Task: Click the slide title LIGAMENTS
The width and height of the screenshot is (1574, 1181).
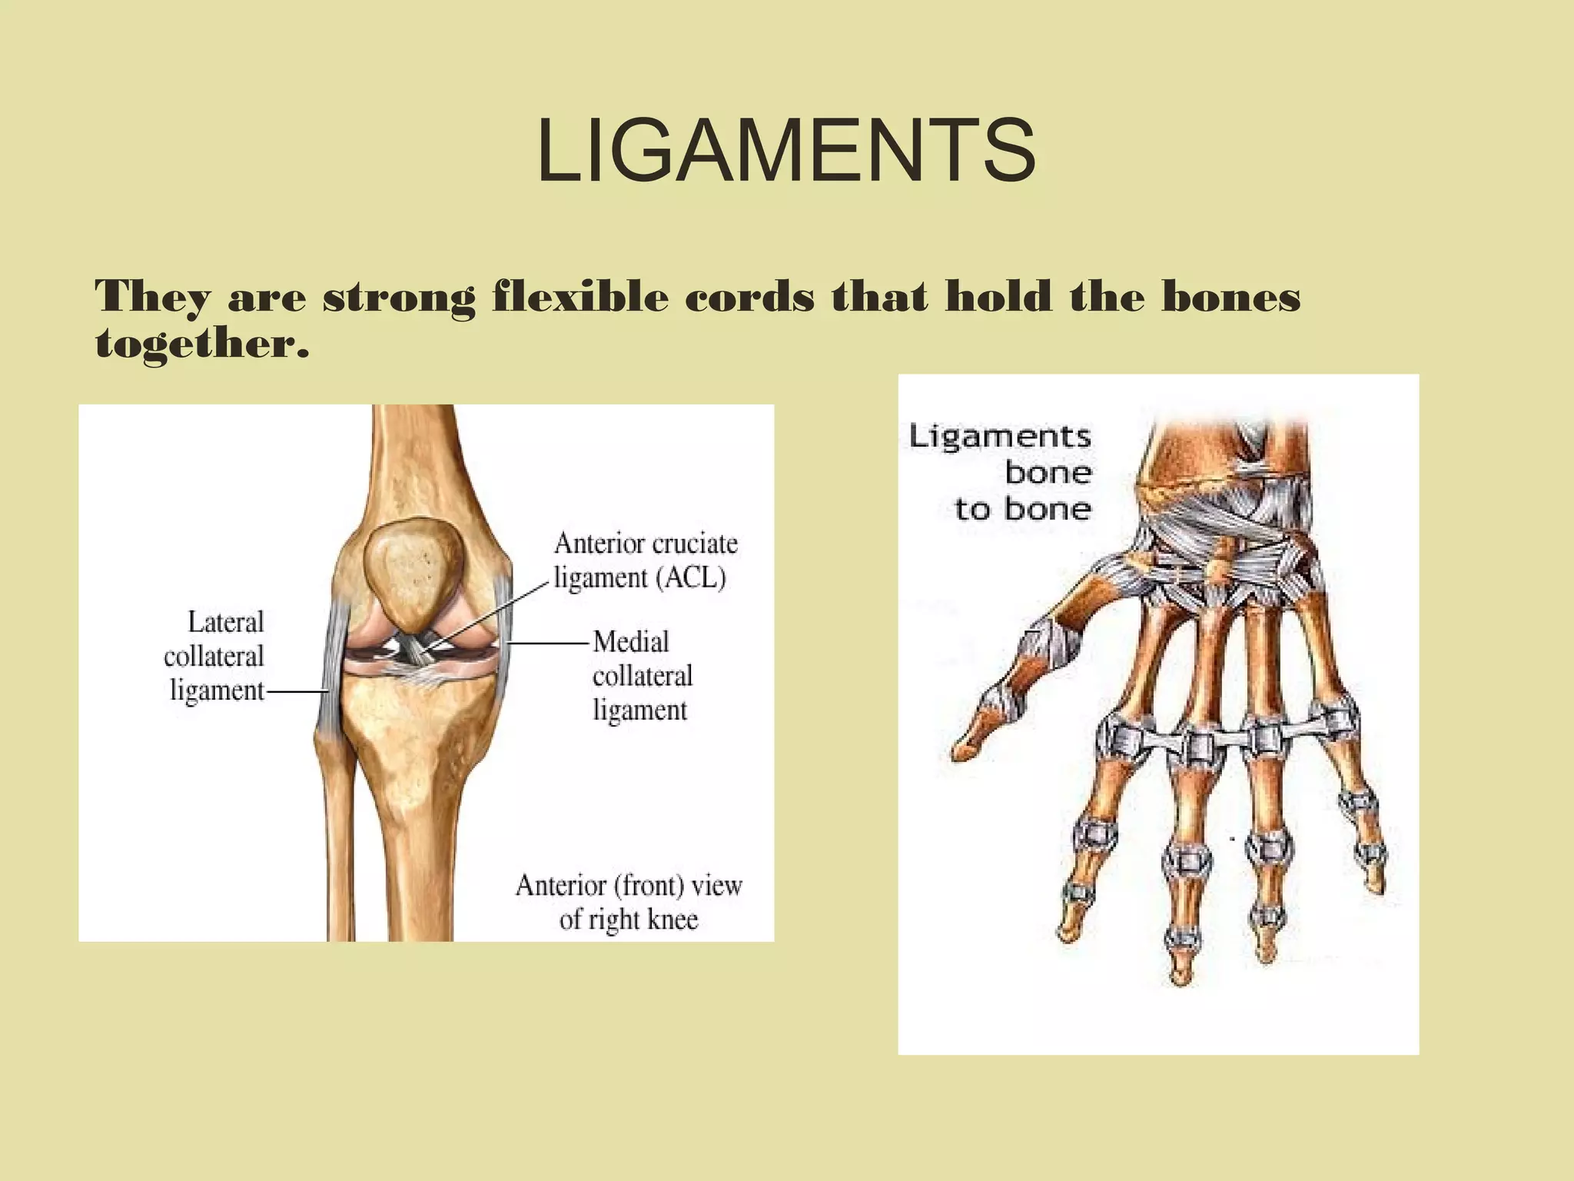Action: pyautogui.click(x=786, y=151)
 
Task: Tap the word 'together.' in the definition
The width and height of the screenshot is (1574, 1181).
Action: pyautogui.click(x=202, y=343)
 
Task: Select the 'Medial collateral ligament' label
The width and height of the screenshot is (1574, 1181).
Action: pyautogui.click(x=642, y=676)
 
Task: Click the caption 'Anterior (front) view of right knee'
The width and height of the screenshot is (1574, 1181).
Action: pyautogui.click(x=629, y=902)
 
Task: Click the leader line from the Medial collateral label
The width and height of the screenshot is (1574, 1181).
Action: pyautogui.click(x=547, y=643)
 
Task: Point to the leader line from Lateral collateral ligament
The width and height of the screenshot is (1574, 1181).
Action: pyautogui.click(x=296, y=692)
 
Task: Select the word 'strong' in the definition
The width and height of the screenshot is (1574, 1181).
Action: pyautogui.click(x=398, y=298)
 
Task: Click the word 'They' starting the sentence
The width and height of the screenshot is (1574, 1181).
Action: pyautogui.click(x=151, y=298)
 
